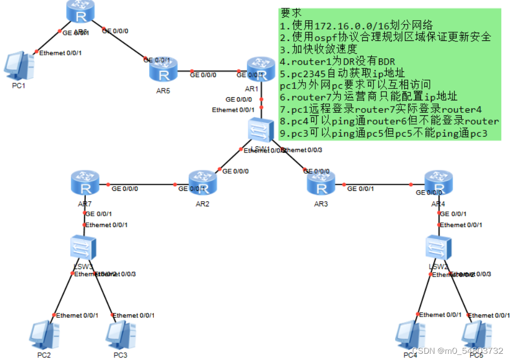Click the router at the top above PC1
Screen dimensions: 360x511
pos(81,12)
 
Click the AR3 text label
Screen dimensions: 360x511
pos(321,204)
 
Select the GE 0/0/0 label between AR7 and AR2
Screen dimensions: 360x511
pos(125,189)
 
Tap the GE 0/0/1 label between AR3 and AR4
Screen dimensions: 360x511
pos(360,189)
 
